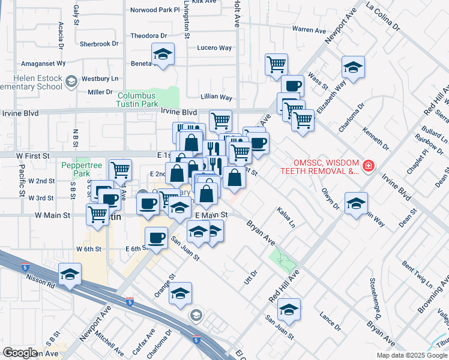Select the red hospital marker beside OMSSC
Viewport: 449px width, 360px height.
pos(369,165)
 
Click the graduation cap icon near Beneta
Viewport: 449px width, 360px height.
pos(163,55)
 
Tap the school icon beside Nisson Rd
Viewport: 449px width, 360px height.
pos(70,275)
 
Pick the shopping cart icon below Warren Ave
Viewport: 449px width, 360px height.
pos(276,64)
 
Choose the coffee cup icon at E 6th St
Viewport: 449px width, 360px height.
pos(156,238)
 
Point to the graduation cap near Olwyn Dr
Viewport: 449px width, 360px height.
pos(356,203)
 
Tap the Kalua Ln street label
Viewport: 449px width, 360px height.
pos(286,218)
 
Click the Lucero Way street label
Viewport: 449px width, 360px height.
pos(214,47)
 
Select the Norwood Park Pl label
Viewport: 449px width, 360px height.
pos(155,10)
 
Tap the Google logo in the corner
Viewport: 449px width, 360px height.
pos(20,352)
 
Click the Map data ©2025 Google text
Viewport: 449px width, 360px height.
pos(411,355)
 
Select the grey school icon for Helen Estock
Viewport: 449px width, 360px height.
pos(71,81)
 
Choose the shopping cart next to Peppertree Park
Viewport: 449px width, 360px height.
pos(121,170)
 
